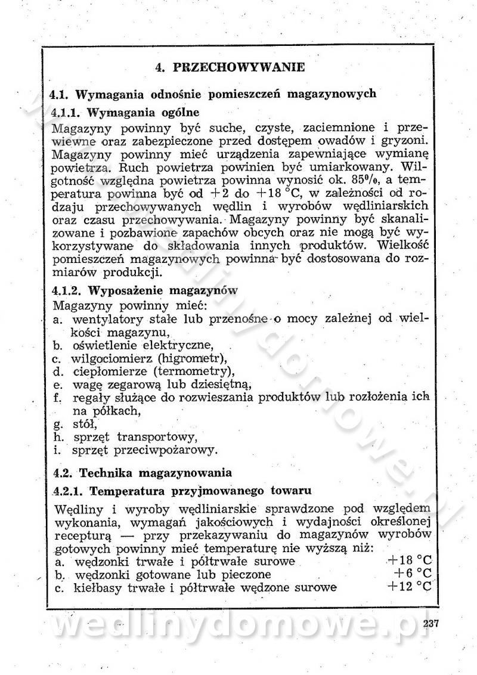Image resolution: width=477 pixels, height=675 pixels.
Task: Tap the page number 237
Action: coord(430,624)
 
